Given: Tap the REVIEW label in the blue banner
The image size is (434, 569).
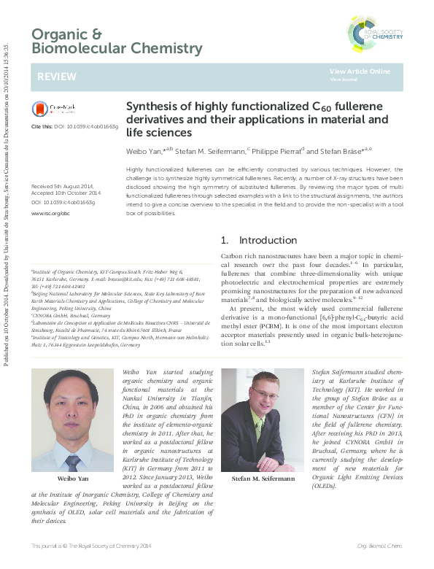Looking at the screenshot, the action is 52,77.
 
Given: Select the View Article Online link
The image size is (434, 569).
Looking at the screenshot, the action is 360,71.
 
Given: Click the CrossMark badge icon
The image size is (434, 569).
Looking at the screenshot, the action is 50,109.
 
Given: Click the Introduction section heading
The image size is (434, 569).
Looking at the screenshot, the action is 268,240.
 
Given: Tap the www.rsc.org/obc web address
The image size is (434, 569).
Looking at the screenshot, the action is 50,214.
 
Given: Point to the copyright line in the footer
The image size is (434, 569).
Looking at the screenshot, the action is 92,546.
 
